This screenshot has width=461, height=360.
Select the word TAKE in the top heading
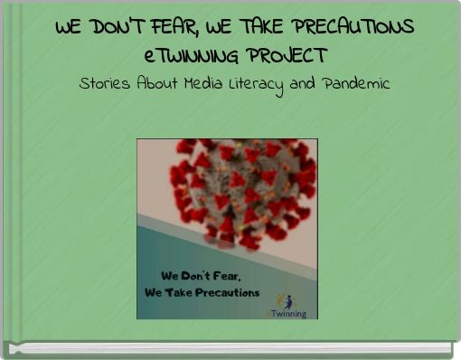pos(267,27)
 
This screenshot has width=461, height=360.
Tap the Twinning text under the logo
pos(288,313)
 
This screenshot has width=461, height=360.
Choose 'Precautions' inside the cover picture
pos(226,292)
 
